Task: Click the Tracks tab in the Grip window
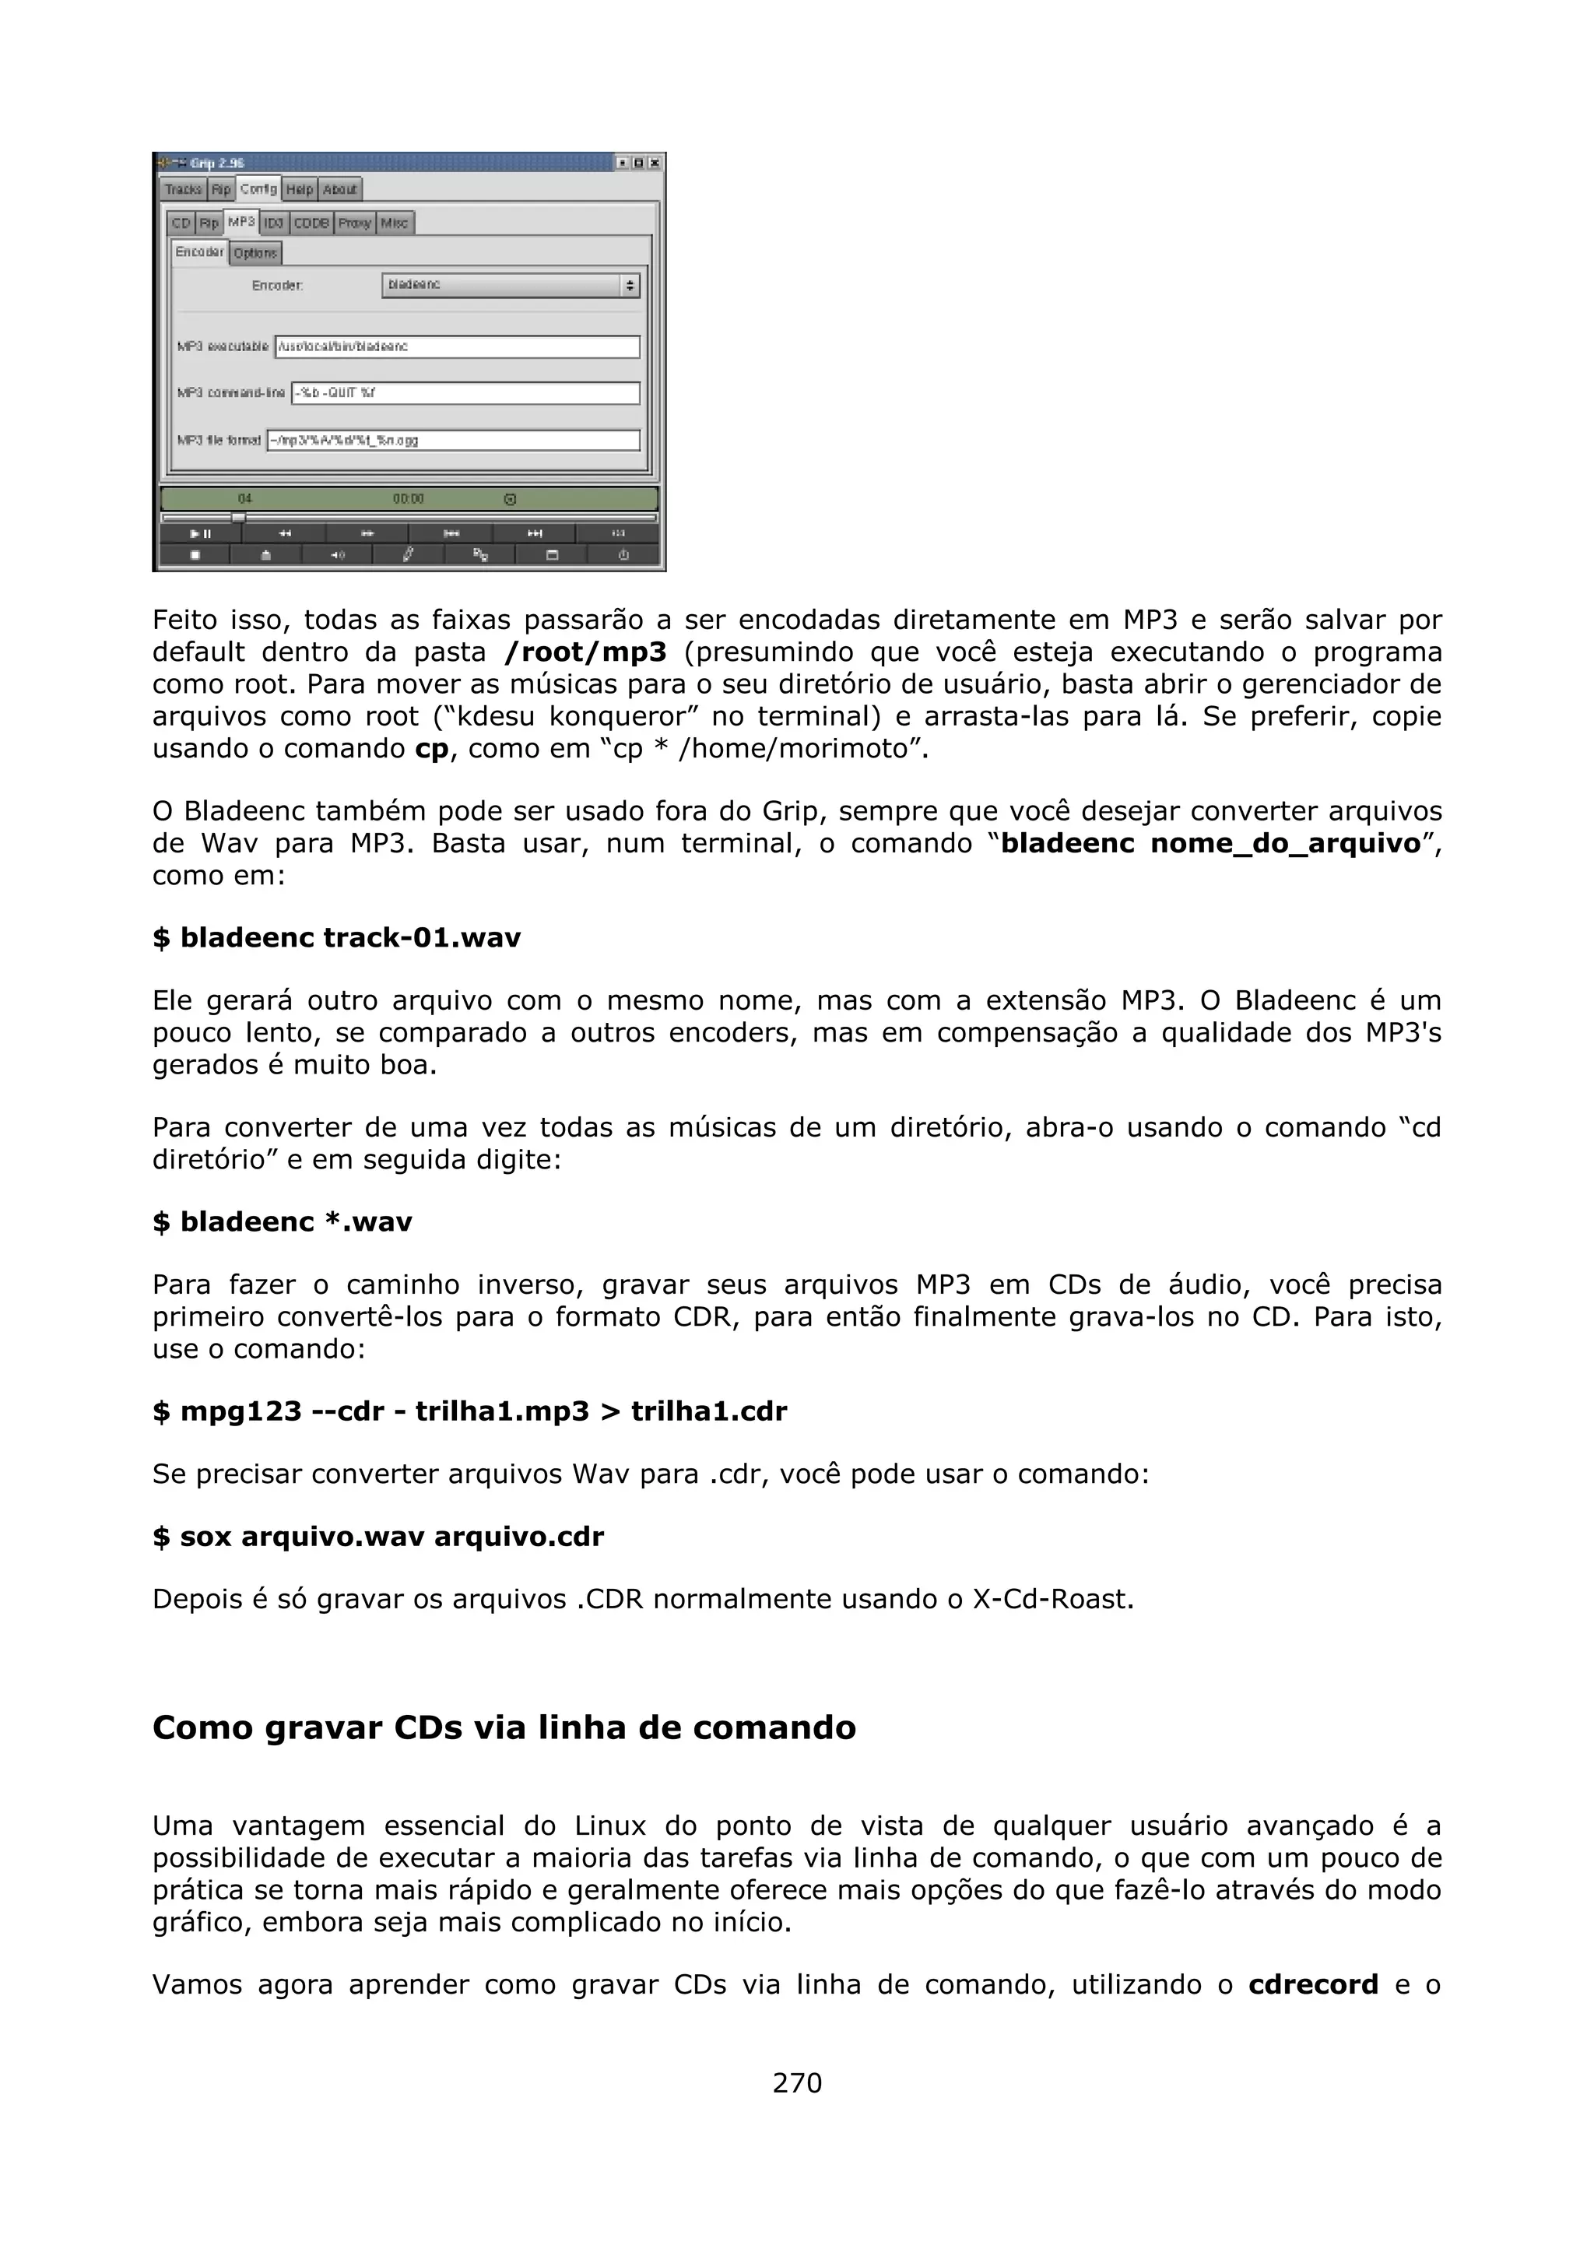pos(184,188)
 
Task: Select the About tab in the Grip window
pos(340,188)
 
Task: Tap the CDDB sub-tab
pos(311,223)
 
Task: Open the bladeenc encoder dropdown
pos(511,286)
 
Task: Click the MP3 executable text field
pos(457,347)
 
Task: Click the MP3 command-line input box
pos(465,393)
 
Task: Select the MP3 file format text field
pos(454,440)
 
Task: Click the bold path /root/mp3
pos(585,652)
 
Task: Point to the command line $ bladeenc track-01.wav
pos(337,937)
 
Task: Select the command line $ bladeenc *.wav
pos(283,1221)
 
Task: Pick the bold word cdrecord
pos(1313,1985)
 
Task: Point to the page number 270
pos(796,2082)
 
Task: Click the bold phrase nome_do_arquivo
pos(1286,843)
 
